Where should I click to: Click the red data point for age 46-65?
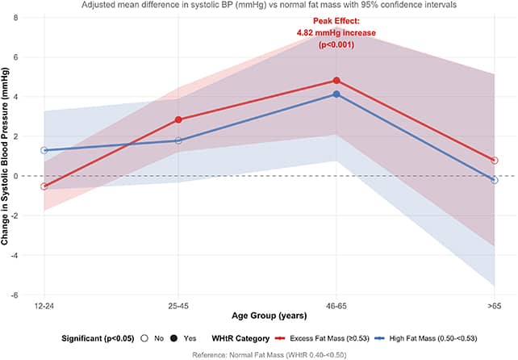pyautogui.click(x=336, y=81)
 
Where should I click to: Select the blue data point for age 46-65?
pyautogui.click(x=336, y=94)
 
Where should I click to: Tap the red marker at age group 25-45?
pyautogui.click(x=178, y=119)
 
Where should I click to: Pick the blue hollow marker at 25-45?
pyautogui.click(x=178, y=140)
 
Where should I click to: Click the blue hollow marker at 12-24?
pyautogui.click(x=44, y=150)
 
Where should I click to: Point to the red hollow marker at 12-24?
pyautogui.click(x=44, y=186)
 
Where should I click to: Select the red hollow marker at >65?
pyautogui.click(x=495, y=161)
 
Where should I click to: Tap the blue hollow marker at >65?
pyautogui.click(x=495, y=180)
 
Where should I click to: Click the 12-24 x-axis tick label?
pyautogui.click(x=44, y=306)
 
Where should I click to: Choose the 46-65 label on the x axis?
pyautogui.click(x=336, y=306)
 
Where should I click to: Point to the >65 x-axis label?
pyautogui.click(x=495, y=306)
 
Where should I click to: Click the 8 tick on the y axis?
pyautogui.click(x=15, y=18)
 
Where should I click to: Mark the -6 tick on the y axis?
pyautogui.click(x=14, y=295)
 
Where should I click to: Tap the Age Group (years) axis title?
pyautogui.click(x=269, y=316)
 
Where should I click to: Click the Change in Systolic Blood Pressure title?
pyautogui.click(x=5, y=156)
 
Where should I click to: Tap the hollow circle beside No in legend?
pyautogui.click(x=144, y=338)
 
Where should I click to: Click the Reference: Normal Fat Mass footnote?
pyautogui.click(x=269, y=355)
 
